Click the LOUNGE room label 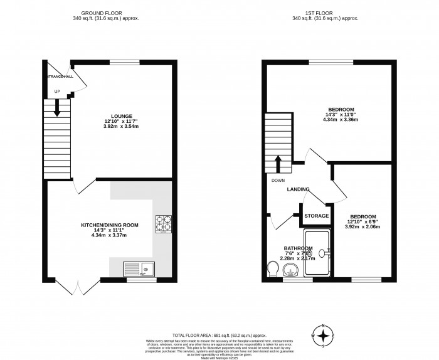tap(121, 116)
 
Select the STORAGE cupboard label tap(317, 216)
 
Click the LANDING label tap(299, 189)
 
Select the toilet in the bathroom tap(272, 269)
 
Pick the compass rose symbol tap(323, 336)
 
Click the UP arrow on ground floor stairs tap(57, 109)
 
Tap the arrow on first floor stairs tap(277, 163)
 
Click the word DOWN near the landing tap(278, 181)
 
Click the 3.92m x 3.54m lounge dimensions tap(121, 127)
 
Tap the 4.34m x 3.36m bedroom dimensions tap(340, 120)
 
